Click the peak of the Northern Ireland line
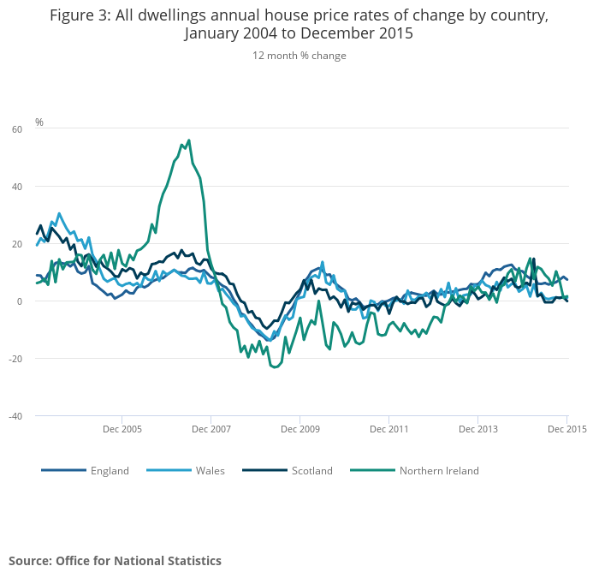(189, 140)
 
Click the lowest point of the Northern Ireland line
(275, 367)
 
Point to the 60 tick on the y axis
(17, 129)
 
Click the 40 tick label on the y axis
(17, 187)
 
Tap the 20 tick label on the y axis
(17, 244)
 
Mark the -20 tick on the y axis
(15, 359)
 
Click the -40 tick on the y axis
(15, 416)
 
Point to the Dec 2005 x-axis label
(122, 428)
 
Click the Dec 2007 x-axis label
(211, 428)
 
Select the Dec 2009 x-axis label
(299, 428)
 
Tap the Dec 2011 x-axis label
(388, 428)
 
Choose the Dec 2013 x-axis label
(477, 428)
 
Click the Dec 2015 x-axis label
(566, 428)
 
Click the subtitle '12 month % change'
(299, 56)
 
